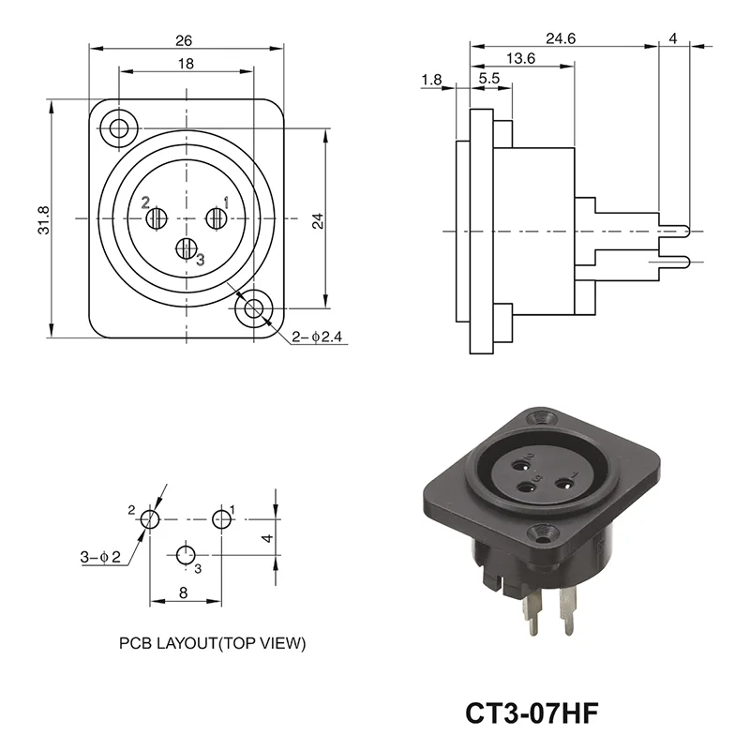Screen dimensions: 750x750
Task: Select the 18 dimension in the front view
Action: pos(186,64)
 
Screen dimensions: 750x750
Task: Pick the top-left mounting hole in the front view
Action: pos(119,127)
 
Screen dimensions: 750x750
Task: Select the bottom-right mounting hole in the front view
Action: pos(253,308)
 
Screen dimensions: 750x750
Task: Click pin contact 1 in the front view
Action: pos(216,218)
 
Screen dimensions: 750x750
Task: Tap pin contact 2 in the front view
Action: pos(157,218)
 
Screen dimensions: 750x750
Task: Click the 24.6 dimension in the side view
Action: pos(562,38)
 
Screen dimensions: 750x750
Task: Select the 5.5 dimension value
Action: pos(488,80)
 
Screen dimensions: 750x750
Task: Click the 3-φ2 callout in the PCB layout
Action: pos(101,558)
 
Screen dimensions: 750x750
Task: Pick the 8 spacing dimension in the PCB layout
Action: pos(183,592)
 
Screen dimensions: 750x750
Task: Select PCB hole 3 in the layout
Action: pos(186,553)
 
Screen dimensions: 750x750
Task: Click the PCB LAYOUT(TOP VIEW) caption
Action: pos(212,644)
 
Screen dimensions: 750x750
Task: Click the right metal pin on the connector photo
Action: pos(566,613)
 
